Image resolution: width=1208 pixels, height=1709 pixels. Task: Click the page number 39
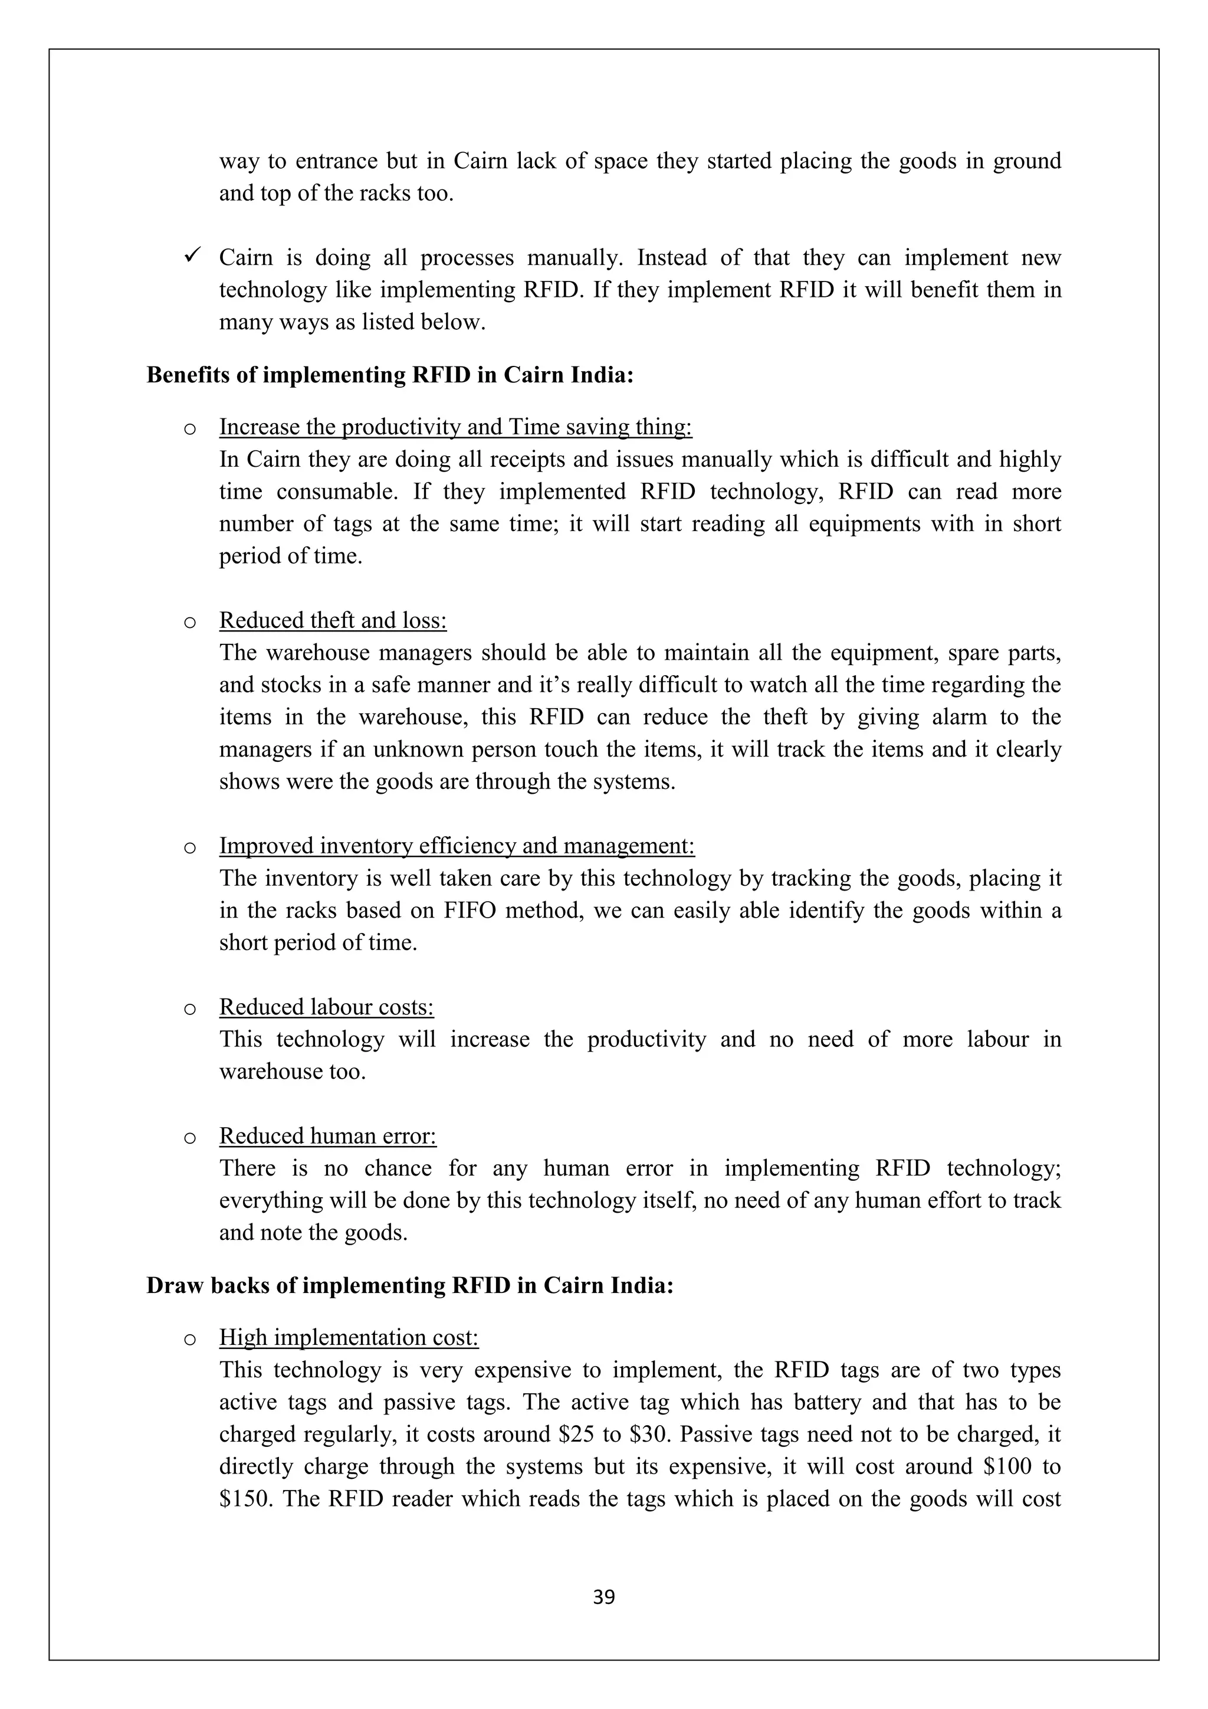pyautogui.click(x=603, y=1597)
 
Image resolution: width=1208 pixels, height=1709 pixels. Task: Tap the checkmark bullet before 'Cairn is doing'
pyautogui.click(x=189, y=256)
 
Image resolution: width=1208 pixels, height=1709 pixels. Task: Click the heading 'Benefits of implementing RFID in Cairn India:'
pyautogui.click(x=390, y=374)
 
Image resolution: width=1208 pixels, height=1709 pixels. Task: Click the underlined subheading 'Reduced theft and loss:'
pyautogui.click(x=333, y=620)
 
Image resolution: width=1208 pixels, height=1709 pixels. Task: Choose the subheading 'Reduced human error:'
pyautogui.click(x=327, y=1136)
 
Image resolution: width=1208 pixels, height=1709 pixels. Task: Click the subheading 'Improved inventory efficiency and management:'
pyautogui.click(x=457, y=846)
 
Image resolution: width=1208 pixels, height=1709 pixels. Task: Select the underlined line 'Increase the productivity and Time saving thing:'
pyautogui.click(x=455, y=427)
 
